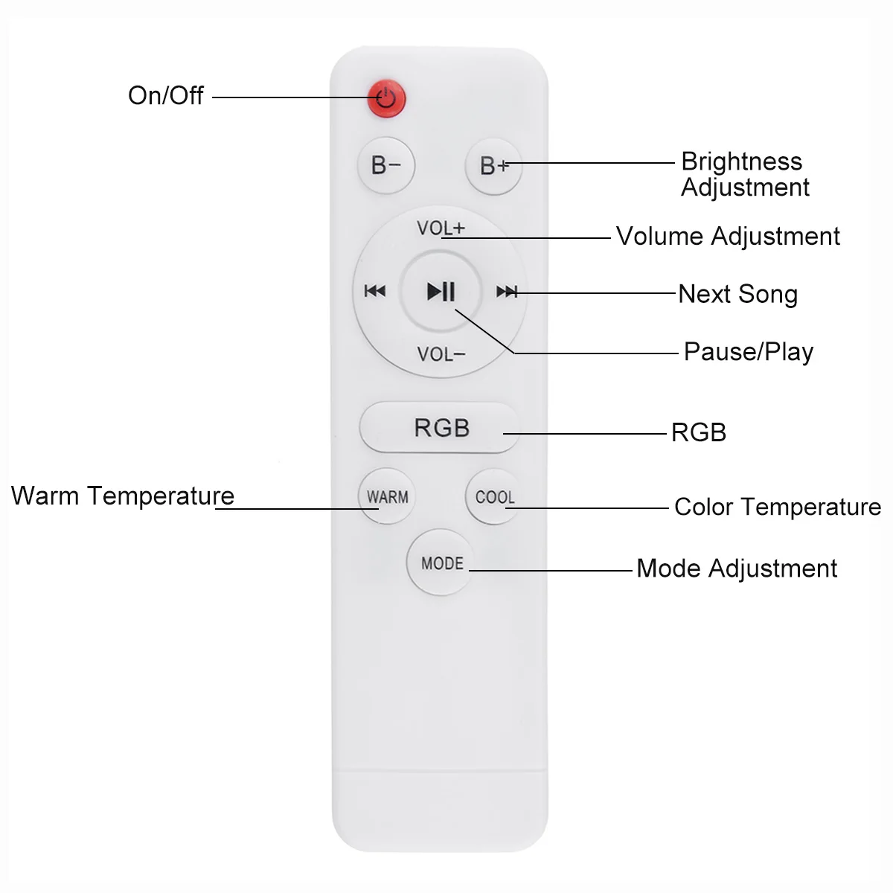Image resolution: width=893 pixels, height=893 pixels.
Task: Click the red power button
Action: pos(386,97)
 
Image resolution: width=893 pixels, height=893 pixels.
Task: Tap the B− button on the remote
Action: pos(386,165)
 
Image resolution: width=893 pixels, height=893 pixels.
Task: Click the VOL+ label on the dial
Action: pos(441,228)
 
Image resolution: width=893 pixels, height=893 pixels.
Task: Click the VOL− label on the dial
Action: pos(441,354)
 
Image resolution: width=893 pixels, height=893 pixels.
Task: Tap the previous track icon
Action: pos(375,291)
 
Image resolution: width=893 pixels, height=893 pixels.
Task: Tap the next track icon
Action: pos(507,292)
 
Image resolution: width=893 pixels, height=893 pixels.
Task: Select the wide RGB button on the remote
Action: pos(440,428)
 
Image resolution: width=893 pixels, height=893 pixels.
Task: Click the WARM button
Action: pos(387,496)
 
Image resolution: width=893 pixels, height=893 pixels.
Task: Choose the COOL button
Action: pos(494,496)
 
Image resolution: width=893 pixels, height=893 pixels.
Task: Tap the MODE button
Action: pos(442,563)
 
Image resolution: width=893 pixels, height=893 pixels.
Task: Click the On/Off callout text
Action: pos(165,95)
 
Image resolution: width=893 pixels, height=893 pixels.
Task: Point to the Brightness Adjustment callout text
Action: pos(744,174)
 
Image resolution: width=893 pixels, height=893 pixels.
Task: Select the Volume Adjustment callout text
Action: pos(728,237)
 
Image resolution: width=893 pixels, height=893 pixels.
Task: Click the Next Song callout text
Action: pos(737,294)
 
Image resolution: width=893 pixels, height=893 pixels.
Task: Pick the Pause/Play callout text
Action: pos(749,351)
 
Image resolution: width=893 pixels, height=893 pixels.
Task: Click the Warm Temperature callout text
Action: pos(123,496)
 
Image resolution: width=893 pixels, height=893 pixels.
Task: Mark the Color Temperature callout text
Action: pos(778,507)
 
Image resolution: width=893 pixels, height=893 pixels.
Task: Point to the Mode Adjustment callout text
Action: pos(737,569)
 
